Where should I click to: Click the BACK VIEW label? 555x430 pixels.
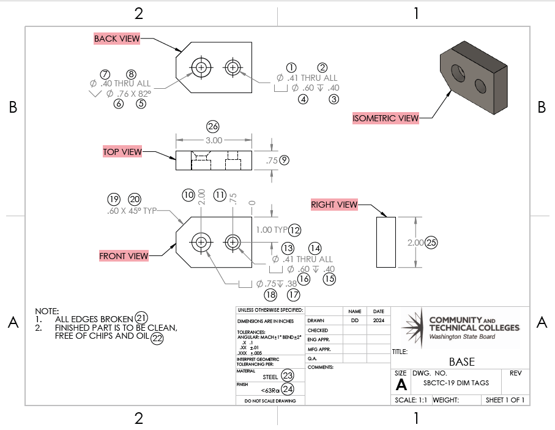coord(116,39)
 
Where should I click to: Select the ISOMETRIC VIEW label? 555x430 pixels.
coord(386,118)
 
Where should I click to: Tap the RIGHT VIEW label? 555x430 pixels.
coord(333,205)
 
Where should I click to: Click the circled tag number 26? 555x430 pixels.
coord(213,127)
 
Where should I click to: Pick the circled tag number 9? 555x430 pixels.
coord(284,160)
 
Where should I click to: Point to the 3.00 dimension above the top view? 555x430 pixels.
coord(213,140)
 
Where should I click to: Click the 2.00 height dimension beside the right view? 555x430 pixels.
coord(415,243)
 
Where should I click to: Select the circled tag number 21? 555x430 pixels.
coord(141,317)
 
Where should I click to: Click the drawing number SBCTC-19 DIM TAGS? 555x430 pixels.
coord(456,383)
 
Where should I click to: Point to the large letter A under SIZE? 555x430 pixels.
coord(401,384)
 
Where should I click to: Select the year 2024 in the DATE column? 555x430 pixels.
coord(378,320)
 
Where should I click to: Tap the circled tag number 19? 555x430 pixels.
coord(113,199)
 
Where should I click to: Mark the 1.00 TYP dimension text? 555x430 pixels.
coord(271,230)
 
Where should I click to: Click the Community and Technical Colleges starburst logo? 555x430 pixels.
coord(412,323)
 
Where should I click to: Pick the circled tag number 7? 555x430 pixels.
coord(105,74)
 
